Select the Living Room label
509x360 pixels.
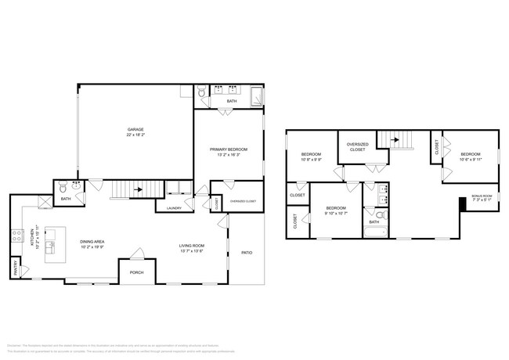(x=192, y=248)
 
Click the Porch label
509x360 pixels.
(x=136, y=272)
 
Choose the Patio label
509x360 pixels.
(x=246, y=253)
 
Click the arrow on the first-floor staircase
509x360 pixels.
(x=137, y=189)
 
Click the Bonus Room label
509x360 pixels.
(x=482, y=197)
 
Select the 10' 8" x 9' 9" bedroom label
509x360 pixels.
(x=312, y=157)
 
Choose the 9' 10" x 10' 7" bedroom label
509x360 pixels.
(x=336, y=209)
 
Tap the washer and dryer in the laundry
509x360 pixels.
(x=178, y=189)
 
